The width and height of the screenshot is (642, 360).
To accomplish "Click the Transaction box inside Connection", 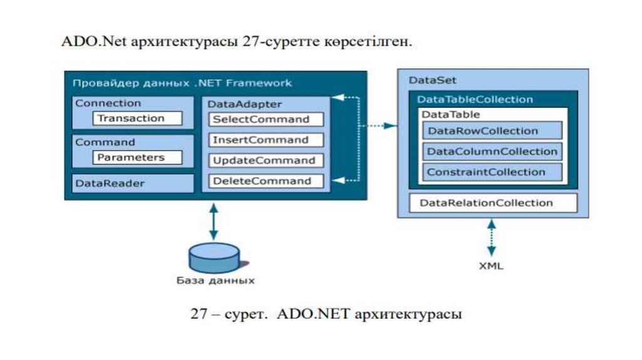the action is tap(137, 119).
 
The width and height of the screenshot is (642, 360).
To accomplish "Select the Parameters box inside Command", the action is tap(137, 157).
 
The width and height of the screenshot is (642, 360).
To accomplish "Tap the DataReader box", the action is tap(133, 183).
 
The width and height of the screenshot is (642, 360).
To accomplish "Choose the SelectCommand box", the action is tap(266, 119).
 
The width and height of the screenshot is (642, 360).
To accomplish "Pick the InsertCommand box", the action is tap(266, 140).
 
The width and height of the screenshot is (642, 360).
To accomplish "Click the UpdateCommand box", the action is tap(266, 160).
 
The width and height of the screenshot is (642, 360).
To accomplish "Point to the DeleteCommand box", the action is tap(266, 181).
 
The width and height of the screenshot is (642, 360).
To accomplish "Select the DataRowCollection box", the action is tap(492, 130).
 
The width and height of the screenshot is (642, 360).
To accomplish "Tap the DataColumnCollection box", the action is tap(492, 151).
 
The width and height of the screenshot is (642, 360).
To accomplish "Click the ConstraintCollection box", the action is tap(492, 172).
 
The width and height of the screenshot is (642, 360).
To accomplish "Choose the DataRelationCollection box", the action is tap(493, 203).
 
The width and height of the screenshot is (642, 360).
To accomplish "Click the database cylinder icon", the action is tap(214, 258).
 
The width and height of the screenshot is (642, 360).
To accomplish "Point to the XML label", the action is tap(491, 266).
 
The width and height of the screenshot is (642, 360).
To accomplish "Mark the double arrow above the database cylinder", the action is tap(213, 221).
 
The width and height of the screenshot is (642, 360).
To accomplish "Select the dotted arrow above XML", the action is tap(492, 238).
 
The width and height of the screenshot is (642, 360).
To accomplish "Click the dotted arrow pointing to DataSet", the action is tap(377, 125).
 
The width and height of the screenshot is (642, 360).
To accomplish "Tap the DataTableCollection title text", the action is tap(475, 100).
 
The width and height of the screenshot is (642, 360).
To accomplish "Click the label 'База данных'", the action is tap(216, 280).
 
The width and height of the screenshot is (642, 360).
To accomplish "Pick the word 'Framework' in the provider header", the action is tap(259, 83).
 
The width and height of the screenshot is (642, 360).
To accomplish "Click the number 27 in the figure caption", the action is tap(199, 314).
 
